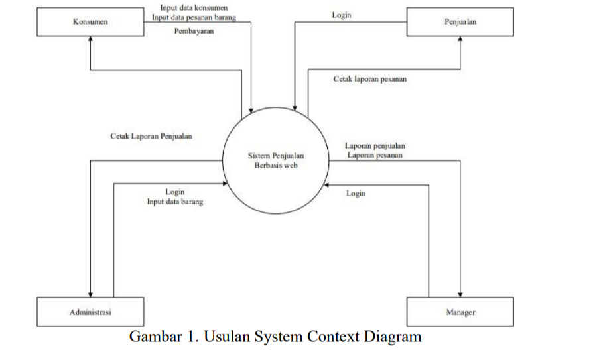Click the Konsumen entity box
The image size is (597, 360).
(90, 22)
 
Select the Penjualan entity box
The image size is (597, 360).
(460, 22)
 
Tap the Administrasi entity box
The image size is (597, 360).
(90, 312)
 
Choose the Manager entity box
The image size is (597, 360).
(460, 312)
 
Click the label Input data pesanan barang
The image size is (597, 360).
(193, 17)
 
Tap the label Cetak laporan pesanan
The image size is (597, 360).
(369, 79)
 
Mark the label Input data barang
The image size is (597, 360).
(175, 202)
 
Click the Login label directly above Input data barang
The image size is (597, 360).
(175, 192)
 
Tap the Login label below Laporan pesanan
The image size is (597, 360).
(356, 194)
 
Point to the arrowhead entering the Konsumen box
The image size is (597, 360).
(90, 39)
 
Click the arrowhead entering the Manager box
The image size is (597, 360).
(460, 294)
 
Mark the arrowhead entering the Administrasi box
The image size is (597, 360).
(90, 294)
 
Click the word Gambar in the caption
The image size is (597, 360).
(154, 336)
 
